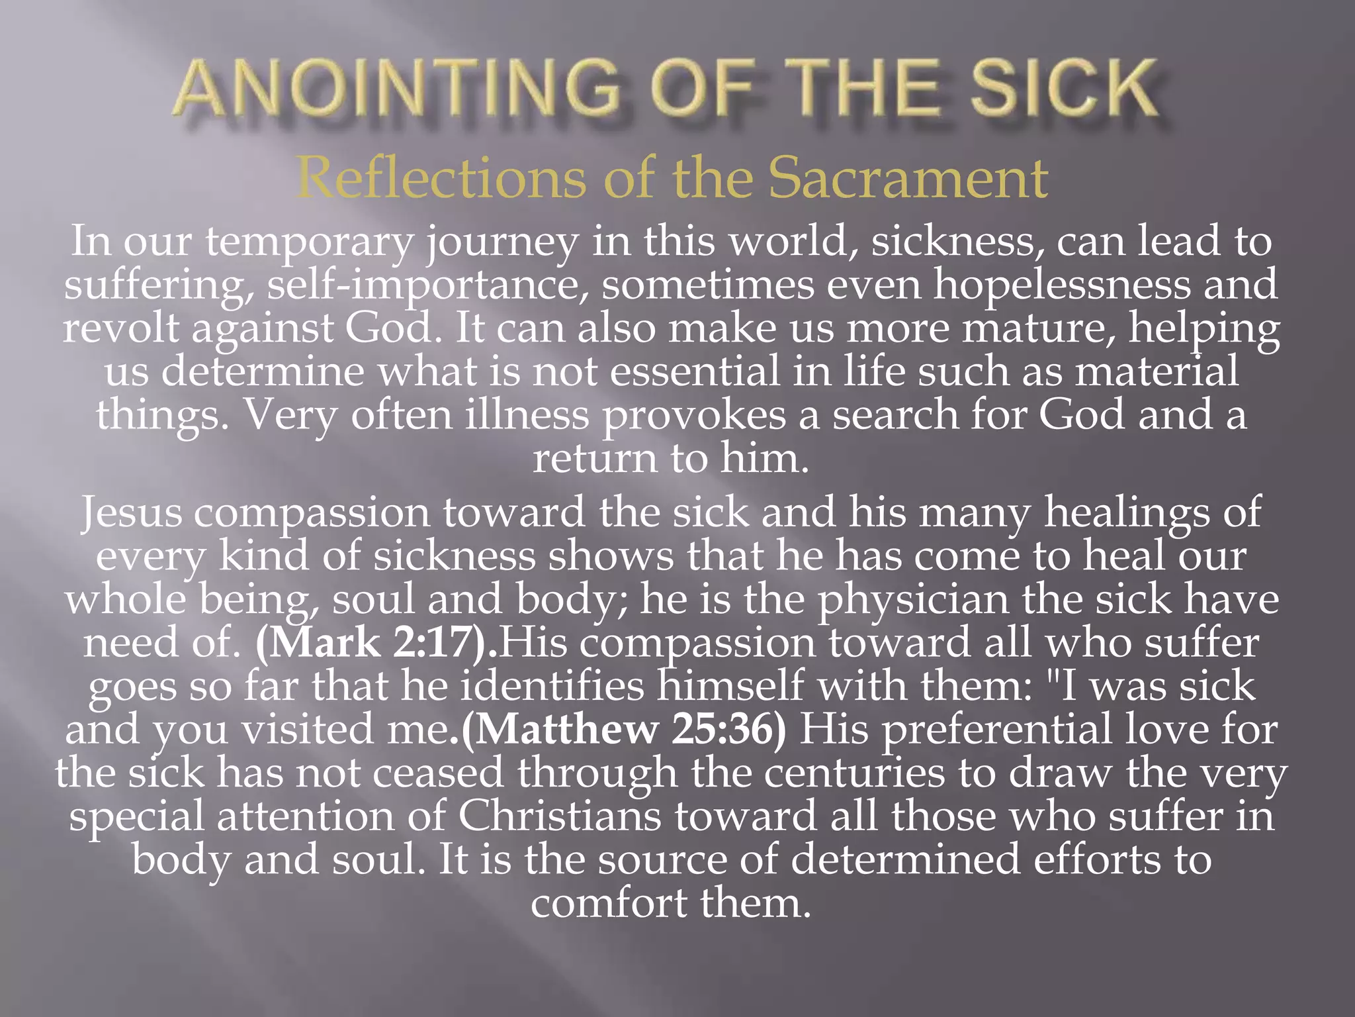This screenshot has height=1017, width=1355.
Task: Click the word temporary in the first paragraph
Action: (x=309, y=241)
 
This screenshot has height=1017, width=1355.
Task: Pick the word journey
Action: (x=502, y=242)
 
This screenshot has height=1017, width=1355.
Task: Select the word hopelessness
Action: (x=1061, y=285)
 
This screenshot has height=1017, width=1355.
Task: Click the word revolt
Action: (x=121, y=328)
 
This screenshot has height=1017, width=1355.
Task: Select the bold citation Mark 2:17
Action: (x=376, y=643)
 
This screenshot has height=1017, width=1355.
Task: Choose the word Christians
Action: (x=560, y=816)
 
